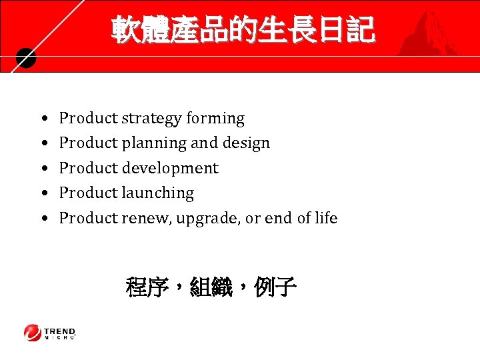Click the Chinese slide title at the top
pos(243,30)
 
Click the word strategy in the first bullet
pos(151,119)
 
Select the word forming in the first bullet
pos(215,119)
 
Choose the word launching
pos(157,193)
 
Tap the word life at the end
pos(326,218)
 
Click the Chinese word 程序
pos(147,288)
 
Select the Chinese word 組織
pos(211,288)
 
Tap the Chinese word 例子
pos(275,288)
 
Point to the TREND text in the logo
pos(60,331)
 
